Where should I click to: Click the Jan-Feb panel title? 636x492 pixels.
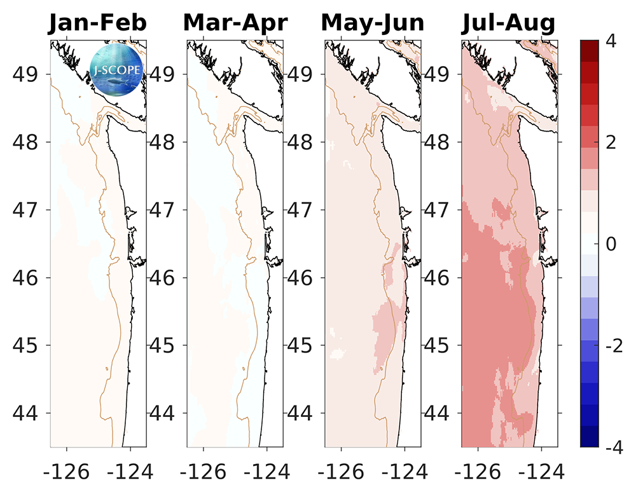click(99, 24)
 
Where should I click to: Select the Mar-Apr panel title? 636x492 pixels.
click(235, 24)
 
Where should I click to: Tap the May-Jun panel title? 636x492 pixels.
click(373, 24)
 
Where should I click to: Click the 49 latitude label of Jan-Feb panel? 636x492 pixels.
click(27, 74)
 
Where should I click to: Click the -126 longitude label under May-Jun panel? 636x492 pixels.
click(336, 471)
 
